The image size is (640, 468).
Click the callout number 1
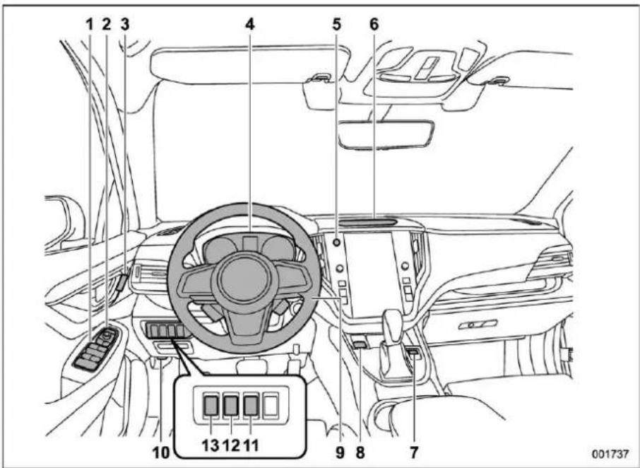pos(89,25)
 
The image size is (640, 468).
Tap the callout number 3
pos(125,25)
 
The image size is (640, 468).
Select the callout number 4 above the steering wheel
pos(250,25)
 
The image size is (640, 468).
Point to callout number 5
pos(336,25)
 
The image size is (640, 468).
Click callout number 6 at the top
pos(374,25)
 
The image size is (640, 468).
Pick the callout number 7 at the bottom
pos(414,452)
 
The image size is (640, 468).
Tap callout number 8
pos(360,452)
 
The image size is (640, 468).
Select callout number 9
pos(340,452)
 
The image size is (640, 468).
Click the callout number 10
pos(161,452)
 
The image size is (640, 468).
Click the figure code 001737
pos(610,453)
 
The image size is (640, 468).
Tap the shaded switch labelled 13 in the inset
pos(211,406)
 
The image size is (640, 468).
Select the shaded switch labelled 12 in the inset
pos(231,406)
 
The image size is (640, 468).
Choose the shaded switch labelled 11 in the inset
pos(251,406)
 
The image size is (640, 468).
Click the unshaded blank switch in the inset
pos(271,406)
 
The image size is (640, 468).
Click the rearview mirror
pos(387,132)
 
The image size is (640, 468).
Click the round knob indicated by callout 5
pos(337,242)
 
